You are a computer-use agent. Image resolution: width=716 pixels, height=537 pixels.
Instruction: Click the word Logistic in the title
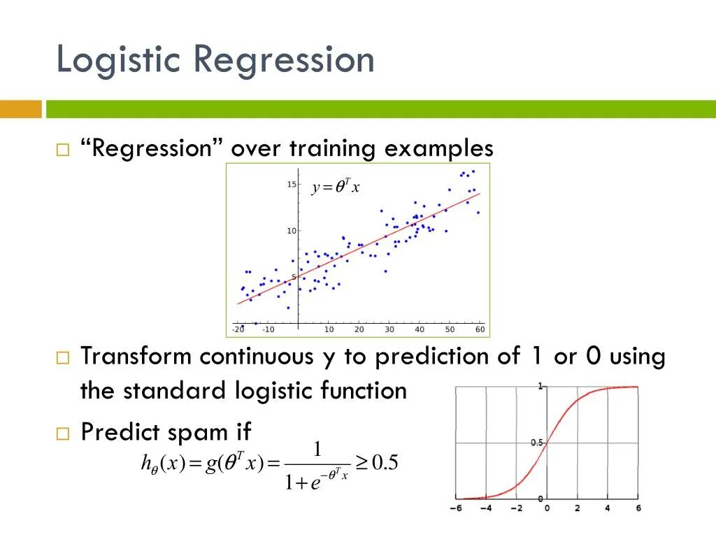(x=118, y=60)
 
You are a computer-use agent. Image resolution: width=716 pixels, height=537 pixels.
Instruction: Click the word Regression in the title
(x=284, y=59)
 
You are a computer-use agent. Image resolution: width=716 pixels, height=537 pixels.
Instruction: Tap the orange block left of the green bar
(x=21, y=109)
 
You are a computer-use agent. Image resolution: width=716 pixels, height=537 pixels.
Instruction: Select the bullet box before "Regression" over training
(x=63, y=150)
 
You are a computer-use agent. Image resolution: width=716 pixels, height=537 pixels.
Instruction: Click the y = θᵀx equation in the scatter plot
(x=336, y=186)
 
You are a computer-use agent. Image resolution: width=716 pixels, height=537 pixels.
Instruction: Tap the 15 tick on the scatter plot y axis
(x=292, y=185)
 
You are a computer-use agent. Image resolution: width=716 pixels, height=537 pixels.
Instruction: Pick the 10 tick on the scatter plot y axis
(x=292, y=231)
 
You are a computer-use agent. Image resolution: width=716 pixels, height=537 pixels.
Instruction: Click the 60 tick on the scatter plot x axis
(x=480, y=329)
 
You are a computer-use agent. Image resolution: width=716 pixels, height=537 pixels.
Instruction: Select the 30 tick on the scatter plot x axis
(x=389, y=329)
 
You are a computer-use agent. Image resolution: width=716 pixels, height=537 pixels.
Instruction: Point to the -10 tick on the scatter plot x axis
(x=268, y=329)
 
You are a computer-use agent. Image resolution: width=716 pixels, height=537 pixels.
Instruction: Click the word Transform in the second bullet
(x=136, y=356)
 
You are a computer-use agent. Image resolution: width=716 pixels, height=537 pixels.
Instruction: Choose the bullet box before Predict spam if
(x=63, y=434)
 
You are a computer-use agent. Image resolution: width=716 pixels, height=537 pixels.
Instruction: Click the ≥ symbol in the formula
(x=361, y=464)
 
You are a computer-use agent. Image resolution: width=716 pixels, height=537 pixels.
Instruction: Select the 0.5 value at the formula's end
(x=385, y=463)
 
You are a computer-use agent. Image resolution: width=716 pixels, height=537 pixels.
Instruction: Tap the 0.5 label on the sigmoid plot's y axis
(x=536, y=443)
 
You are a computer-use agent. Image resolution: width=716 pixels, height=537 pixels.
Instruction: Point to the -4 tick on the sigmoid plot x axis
(x=486, y=508)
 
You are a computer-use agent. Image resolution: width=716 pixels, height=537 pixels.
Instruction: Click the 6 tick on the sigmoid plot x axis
(x=638, y=508)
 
